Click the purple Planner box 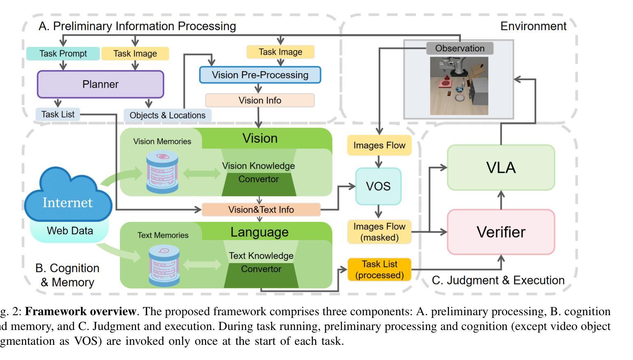(x=100, y=84)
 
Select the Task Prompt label (x=63, y=53)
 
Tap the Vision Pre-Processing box (x=260, y=75)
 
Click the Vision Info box (x=260, y=100)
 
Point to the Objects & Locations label (x=168, y=115)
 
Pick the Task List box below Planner (x=58, y=114)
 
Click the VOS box (x=378, y=186)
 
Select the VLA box (x=500, y=167)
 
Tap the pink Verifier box (x=500, y=232)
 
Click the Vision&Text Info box (x=261, y=210)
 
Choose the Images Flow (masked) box (x=379, y=232)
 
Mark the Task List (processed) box (x=379, y=270)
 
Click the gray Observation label (x=460, y=48)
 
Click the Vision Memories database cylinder (x=163, y=172)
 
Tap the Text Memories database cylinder (x=164, y=265)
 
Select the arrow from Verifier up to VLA (x=501, y=200)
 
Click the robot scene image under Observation (x=459, y=86)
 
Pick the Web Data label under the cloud (x=70, y=231)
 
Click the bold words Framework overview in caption (x=80, y=312)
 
